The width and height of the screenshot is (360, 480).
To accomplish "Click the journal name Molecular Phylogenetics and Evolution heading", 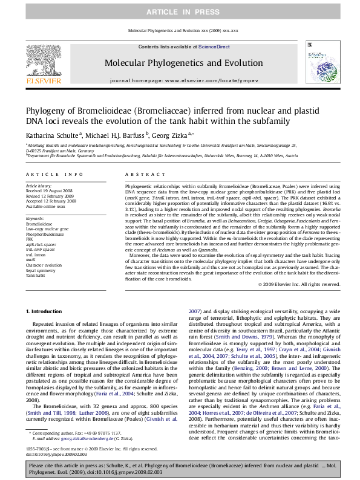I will (179, 62).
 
